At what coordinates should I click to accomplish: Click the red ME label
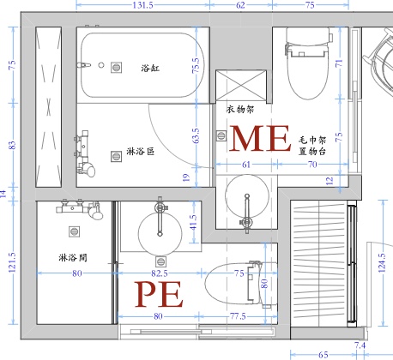pyautogui.click(x=260, y=138)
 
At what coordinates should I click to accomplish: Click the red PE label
pyautogui.click(x=159, y=294)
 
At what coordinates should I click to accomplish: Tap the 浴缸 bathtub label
pyautogui.click(x=150, y=68)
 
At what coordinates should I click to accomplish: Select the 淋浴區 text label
pyautogui.click(x=141, y=151)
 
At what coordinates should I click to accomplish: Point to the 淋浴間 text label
pyautogui.click(x=73, y=258)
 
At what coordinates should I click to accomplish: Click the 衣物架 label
pyautogui.click(x=240, y=109)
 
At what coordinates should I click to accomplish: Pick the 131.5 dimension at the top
pyautogui.click(x=142, y=5)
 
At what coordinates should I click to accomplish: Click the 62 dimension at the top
pyautogui.click(x=241, y=5)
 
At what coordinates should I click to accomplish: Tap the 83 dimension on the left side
pyautogui.click(x=12, y=145)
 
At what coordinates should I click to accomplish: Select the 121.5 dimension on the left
pyautogui.click(x=12, y=262)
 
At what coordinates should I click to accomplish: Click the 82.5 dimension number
pyautogui.click(x=160, y=273)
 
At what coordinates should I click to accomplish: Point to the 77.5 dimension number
pyautogui.click(x=238, y=316)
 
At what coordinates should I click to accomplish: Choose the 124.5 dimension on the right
pyautogui.click(x=382, y=263)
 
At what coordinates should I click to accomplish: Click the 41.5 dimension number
pyautogui.click(x=193, y=223)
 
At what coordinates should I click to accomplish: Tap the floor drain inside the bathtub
pyautogui.click(x=116, y=68)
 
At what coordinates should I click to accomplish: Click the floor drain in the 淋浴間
pyautogui.click(x=74, y=231)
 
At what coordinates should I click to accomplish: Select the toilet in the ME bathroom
pyautogui.click(x=308, y=63)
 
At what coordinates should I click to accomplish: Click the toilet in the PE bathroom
pyautogui.click(x=241, y=284)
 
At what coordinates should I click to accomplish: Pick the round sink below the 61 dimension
pyautogui.click(x=247, y=196)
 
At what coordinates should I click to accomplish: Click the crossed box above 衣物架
pyautogui.click(x=241, y=85)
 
